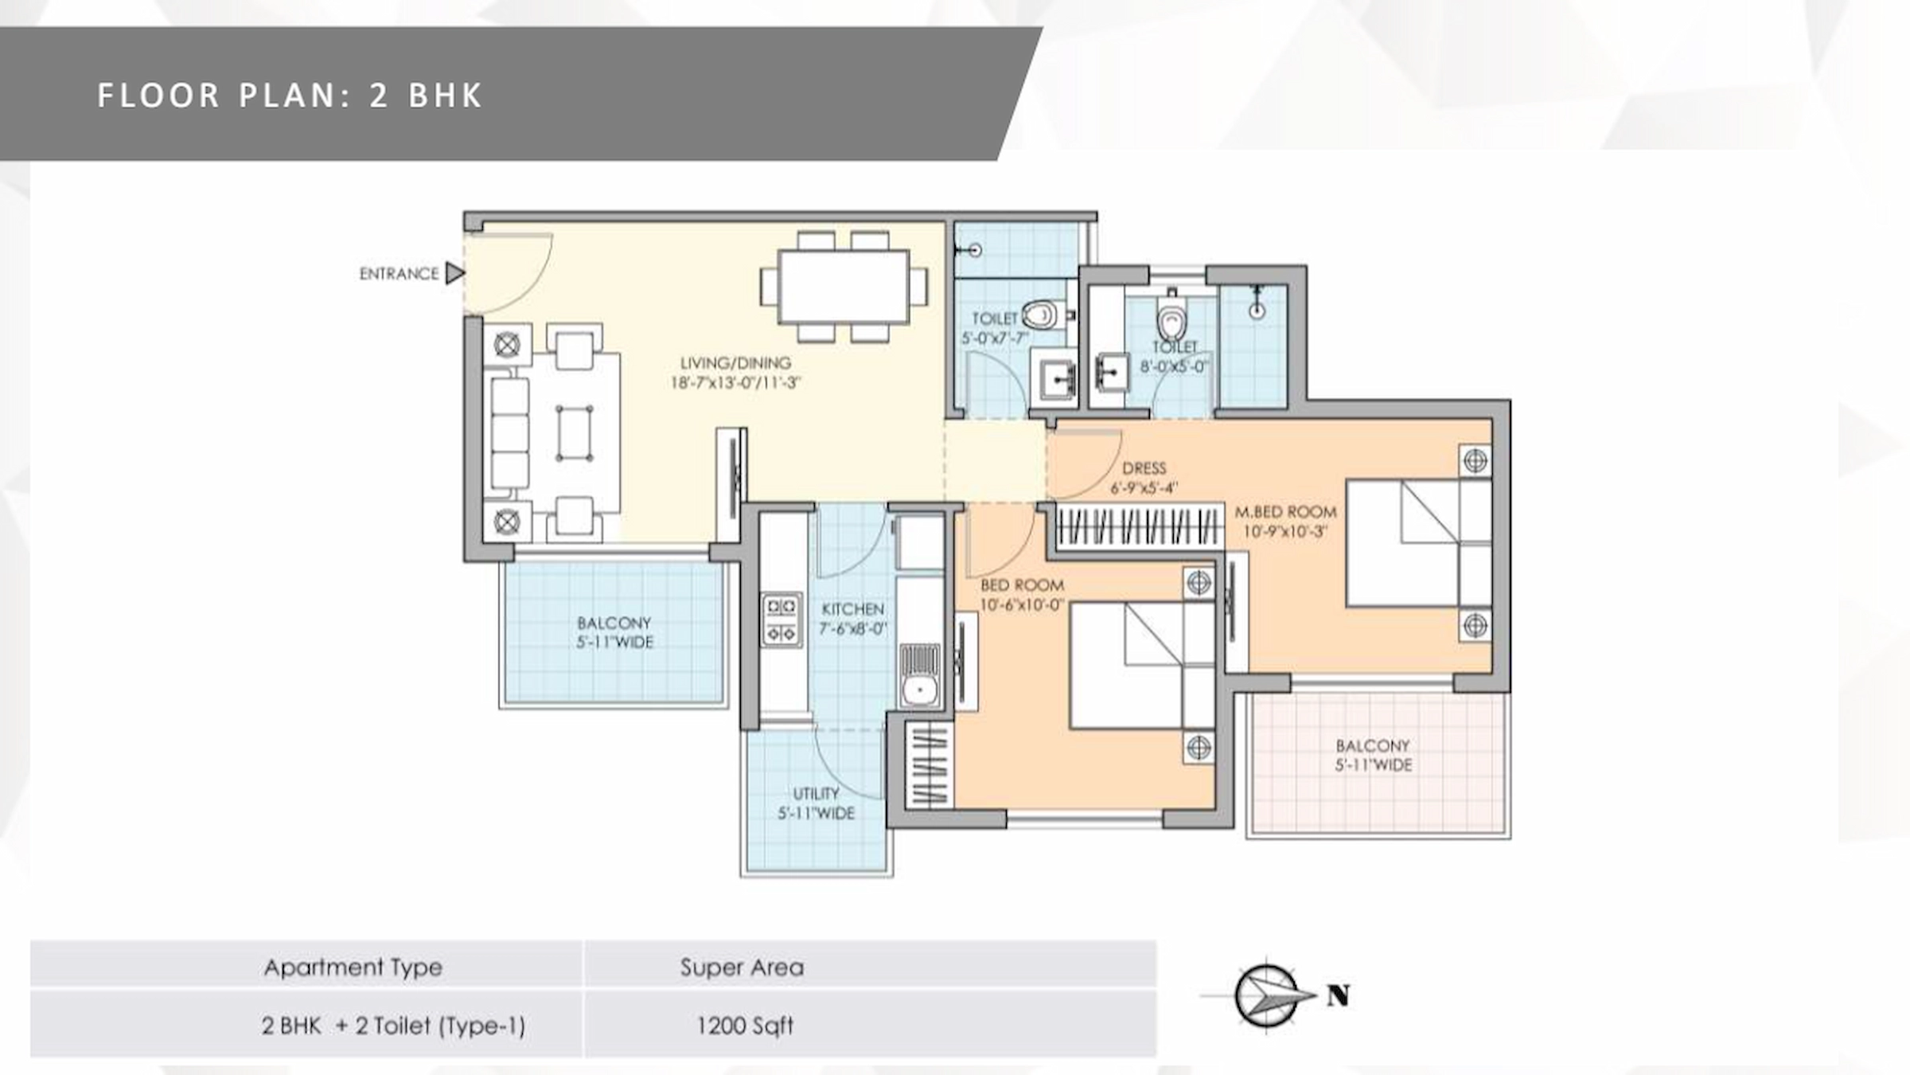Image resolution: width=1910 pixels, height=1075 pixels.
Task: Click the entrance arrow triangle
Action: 454,273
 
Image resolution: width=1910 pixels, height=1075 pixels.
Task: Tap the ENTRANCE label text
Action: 399,274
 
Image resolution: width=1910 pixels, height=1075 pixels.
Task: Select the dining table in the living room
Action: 844,287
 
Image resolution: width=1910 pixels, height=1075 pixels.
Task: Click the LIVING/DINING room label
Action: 735,373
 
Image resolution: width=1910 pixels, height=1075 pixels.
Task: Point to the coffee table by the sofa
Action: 574,433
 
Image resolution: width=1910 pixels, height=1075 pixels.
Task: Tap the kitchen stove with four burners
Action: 782,620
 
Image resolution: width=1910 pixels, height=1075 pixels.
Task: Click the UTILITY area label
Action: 816,803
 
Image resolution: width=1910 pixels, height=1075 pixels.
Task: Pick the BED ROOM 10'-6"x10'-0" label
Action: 1022,595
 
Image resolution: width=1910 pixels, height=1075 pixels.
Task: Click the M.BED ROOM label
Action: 1285,522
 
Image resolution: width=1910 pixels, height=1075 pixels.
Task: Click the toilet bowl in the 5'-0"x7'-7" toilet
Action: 1040,315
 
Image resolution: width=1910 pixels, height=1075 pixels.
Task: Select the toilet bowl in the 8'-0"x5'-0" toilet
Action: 1171,321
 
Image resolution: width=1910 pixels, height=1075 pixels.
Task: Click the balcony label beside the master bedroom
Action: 1373,755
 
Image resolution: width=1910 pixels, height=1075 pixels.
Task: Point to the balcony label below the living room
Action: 614,632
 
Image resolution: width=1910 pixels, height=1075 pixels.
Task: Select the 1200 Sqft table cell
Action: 745,1026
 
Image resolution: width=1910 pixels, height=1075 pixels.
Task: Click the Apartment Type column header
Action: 353,967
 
